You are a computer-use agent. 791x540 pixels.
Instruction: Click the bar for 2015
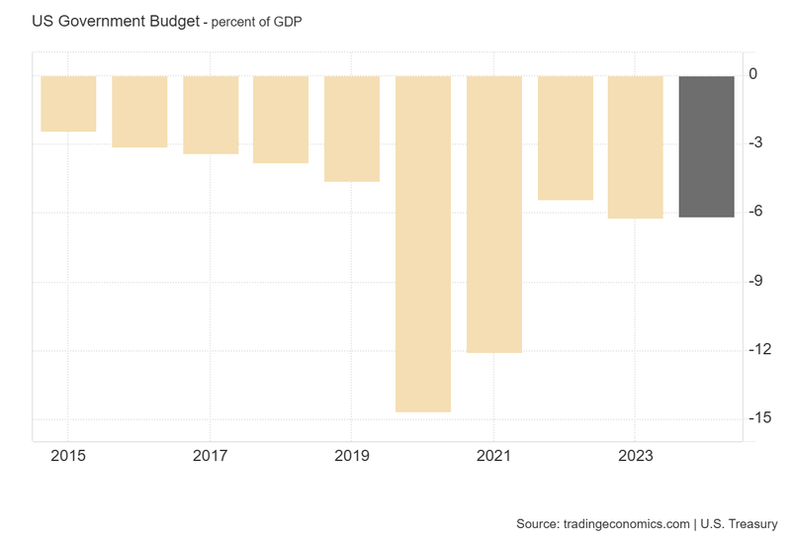tap(68, 103)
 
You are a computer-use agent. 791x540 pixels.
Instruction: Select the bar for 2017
tap(211, 115)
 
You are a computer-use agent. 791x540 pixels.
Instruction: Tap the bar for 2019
tap(352, 129)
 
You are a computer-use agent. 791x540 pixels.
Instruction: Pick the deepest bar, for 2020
tap(423, 243)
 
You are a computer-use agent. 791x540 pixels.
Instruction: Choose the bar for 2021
tap(494, 214)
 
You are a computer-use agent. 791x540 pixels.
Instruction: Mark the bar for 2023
tap(635, 146)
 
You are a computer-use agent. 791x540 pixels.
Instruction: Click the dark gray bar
tap(707, 146)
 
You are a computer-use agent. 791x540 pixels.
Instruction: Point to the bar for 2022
tap(566, 137)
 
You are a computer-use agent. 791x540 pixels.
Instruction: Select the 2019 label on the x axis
tap(352, 456)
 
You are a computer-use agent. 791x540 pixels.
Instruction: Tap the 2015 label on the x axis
tap(68, 456)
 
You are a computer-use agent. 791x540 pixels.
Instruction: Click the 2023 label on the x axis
tap(635, 456)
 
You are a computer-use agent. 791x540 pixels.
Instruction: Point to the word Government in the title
tap(99, 20)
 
